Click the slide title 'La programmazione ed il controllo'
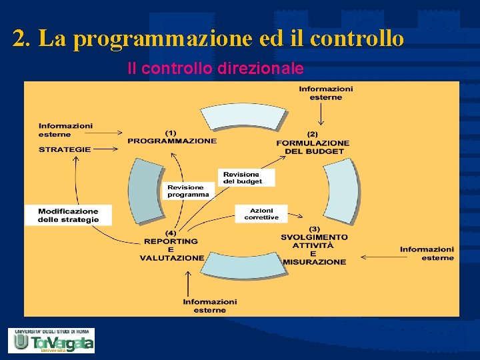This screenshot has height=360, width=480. click(208, 39)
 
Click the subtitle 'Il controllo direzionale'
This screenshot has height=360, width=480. click(215, 69)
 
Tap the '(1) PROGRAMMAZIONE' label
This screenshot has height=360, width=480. click(172, 137)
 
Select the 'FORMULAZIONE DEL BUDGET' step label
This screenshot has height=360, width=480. click(313, 143)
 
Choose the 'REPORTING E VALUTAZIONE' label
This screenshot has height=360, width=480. click(171, 245)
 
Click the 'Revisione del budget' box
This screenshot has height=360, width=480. click(245, 177)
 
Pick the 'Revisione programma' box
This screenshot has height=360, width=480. click(188, 191)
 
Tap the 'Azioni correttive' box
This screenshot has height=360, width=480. click(261, 213)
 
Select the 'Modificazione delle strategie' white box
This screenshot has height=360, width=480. click(69, 215)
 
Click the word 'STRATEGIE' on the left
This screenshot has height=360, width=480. click(65, 149)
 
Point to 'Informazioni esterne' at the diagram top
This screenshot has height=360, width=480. click(325, 93)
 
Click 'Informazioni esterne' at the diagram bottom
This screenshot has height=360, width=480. click(209, 306)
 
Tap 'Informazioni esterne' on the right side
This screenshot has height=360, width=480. click(427, 253)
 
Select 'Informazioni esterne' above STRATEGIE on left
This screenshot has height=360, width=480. click(65, 130)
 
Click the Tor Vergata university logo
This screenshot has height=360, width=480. click(51, 340)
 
